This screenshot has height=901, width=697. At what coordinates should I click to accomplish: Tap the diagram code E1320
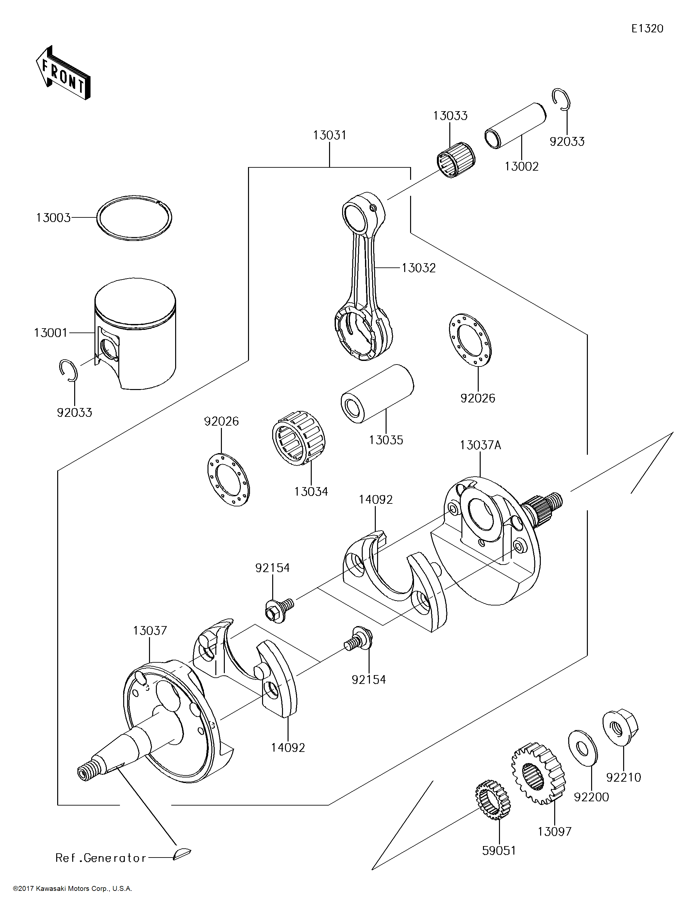tap(647, 28)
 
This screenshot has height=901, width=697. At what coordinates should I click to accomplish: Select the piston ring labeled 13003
tap(134, 217)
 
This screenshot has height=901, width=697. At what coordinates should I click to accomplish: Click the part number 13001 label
tap(50, 332)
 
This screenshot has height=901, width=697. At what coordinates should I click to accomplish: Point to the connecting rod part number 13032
tap(419, 268)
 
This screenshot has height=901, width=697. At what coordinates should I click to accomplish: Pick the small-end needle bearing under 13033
tap(456, 160)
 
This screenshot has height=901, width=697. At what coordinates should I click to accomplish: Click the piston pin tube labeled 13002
tap(515, 126)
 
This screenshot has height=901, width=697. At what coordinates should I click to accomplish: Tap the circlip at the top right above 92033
tap(561, 100)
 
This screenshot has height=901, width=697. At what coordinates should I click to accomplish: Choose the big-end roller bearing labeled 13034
tap(299, 438)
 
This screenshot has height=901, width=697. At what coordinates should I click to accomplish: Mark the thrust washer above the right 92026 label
tap(470, 340)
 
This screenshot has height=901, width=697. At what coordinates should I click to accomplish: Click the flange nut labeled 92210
tap(620, 726)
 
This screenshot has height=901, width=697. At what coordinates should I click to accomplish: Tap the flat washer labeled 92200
tap(582, 748)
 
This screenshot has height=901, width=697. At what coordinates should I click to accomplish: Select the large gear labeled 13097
tap(538, 773)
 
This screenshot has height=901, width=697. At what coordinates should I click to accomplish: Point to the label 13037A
tap(480, 446)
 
